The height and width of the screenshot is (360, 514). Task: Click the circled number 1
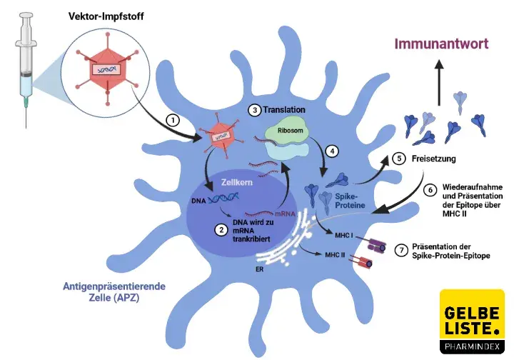171,119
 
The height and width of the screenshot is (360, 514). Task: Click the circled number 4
331,151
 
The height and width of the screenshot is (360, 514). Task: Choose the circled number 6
430,191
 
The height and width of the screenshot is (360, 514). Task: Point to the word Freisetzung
436,158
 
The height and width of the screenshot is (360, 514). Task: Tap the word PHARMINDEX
472,349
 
